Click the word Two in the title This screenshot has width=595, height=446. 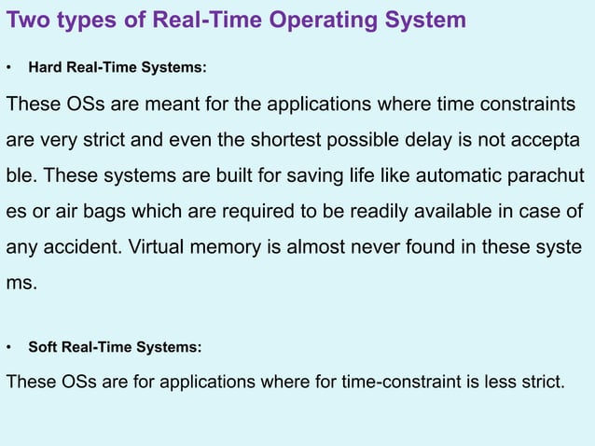click(28, 20)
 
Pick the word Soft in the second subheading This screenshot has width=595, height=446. click(43, 347)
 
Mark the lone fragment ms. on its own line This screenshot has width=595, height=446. click(22, 284)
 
